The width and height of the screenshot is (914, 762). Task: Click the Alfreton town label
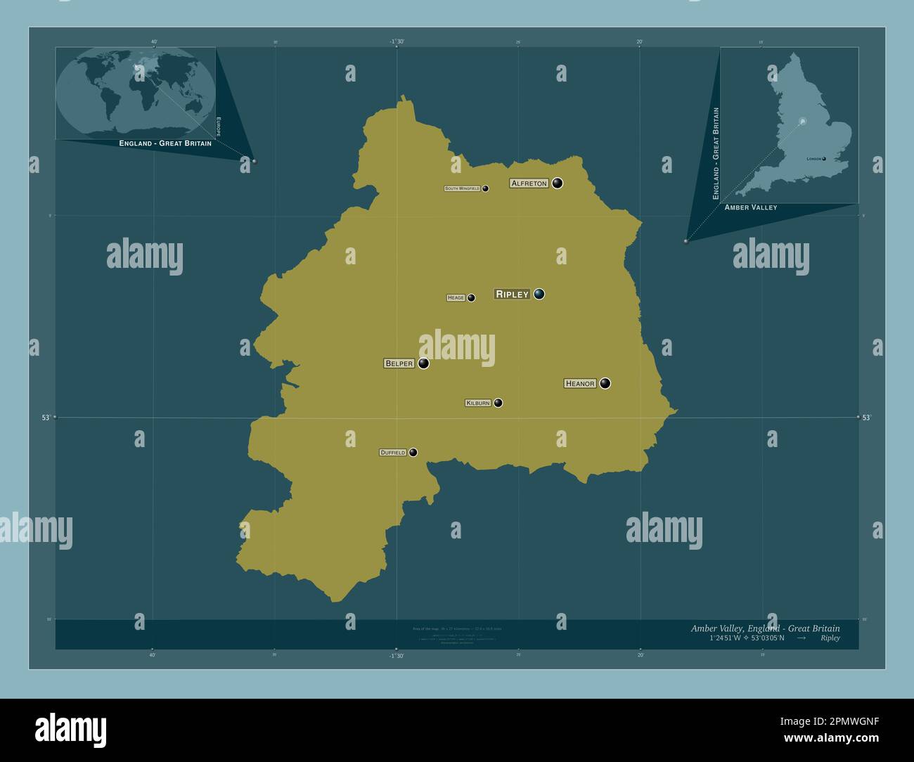coord(529,183)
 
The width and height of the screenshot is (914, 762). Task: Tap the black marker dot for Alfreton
coord(558,183)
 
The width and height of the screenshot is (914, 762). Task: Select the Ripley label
coord(512,295)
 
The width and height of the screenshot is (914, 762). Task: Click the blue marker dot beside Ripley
coord(539,294)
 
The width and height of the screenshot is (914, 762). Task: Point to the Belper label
coord(399,363)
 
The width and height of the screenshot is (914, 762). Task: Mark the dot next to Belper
coord(424,363)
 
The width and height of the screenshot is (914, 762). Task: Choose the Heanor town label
coord(580,383)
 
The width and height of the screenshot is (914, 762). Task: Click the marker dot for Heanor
coord(605,383)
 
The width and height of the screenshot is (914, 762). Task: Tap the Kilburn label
coord(478,403)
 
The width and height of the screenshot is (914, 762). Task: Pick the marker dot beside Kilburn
coord(498,403)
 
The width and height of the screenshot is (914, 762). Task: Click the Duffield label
coord(393,453)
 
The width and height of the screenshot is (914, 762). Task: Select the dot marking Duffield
coord(413,453)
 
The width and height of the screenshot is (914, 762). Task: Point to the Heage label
coord(456,298)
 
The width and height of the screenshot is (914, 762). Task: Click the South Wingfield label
coord(462,189)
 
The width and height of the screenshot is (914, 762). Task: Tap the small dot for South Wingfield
coord(485,188)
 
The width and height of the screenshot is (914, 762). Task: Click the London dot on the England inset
coord(824,159)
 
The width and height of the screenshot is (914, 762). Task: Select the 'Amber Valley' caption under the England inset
coord(751,207)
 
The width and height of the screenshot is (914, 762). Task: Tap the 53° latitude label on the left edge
coord(46,418)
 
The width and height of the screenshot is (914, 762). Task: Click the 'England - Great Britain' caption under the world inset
coord(165,143)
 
